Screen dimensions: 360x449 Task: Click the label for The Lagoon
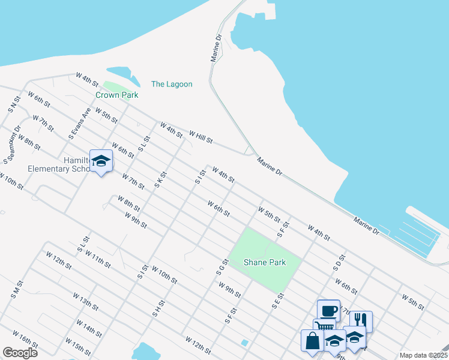click(172, 84)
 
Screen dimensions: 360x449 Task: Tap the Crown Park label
click(117, 95)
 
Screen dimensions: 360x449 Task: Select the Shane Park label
click(264, 262)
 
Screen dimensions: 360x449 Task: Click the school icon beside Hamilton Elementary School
click(101, 160)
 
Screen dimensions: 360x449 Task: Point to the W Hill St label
click(200, 137)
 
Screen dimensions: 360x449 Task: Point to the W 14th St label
click(89, 328)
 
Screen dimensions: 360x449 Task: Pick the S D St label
click(338, 262)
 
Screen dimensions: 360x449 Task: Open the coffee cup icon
click(328, 310)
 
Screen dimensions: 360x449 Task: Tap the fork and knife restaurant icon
click(361, 320)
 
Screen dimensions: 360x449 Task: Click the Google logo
click(20, 353)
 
